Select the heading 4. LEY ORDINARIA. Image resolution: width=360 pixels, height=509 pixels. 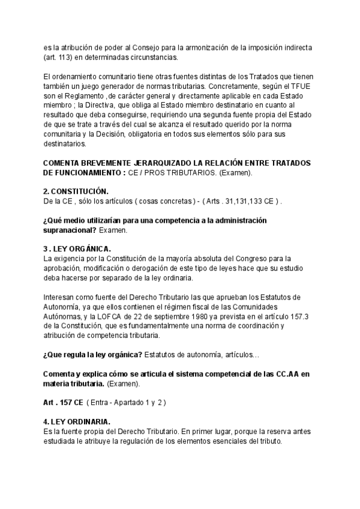76,421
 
